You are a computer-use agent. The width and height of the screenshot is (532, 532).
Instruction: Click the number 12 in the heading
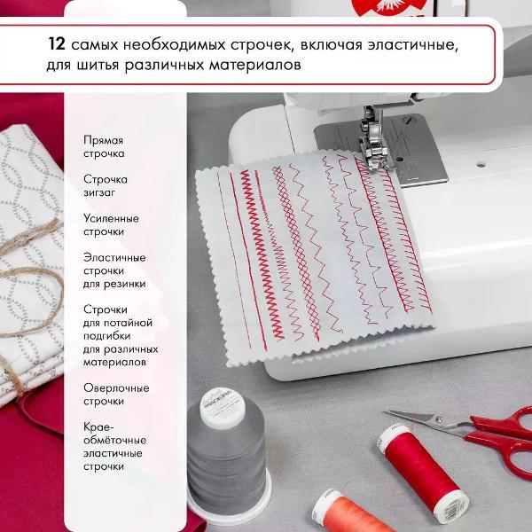[57, 44]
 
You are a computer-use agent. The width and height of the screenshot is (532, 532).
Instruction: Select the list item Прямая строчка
[104, 147]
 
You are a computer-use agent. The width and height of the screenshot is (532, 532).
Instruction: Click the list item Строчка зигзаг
[106, 186]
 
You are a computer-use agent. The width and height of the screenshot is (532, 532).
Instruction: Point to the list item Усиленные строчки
[111, 225]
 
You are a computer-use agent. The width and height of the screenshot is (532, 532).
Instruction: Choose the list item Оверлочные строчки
[116, 395]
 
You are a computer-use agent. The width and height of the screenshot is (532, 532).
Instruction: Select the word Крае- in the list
[98, 426]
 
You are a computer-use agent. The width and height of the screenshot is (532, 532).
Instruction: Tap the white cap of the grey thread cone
[223, 407]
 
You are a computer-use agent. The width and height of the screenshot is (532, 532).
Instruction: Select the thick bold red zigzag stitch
[262, 254]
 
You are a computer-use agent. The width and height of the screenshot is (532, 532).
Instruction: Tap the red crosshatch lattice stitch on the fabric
[297, 253]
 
